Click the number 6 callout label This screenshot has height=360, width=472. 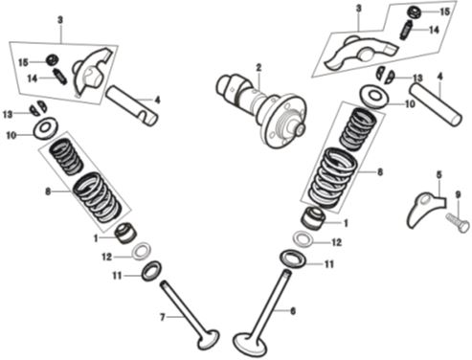293,310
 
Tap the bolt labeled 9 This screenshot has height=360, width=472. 456,225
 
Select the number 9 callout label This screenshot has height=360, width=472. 458,195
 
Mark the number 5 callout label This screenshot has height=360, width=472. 438,175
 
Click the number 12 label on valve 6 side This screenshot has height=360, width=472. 336,243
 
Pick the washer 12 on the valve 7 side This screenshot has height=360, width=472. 140,251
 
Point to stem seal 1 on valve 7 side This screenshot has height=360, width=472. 124,232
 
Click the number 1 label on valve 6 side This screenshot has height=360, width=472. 347,222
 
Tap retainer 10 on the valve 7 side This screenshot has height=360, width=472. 43,129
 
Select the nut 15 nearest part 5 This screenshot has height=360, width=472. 416,12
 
